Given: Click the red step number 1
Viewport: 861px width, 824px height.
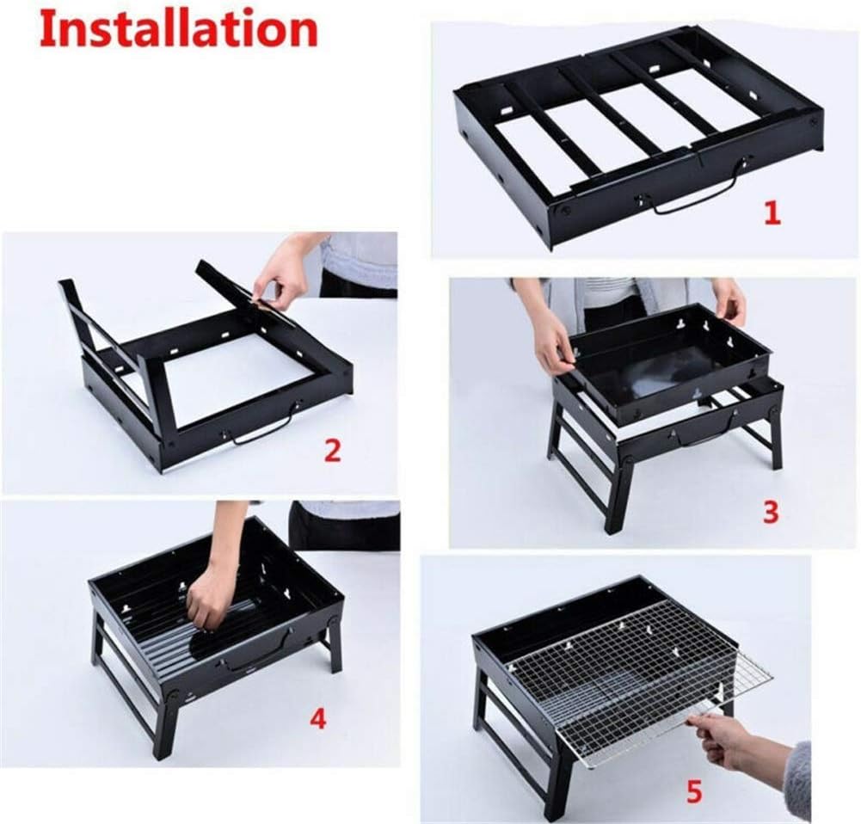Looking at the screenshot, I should coord(772,212).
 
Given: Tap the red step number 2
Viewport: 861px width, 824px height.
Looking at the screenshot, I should coord(332,449).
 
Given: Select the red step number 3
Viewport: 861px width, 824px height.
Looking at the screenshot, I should coord(770,512).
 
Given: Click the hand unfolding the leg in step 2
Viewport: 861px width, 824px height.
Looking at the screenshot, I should coord(280,274).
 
